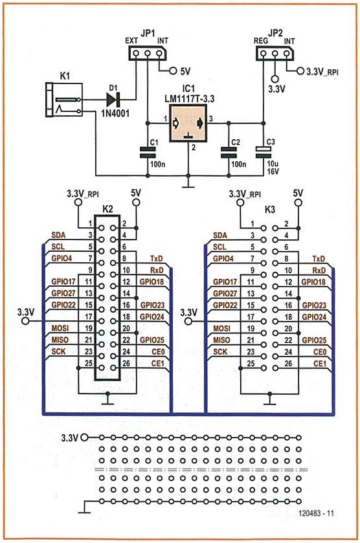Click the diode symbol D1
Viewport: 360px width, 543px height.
point(113,100)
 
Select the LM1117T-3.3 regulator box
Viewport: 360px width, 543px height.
point(188,123)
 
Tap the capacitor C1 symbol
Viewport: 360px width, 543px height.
point(148,151)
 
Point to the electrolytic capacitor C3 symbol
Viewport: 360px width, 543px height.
point(263,151)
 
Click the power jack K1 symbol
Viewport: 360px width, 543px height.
point(65,100)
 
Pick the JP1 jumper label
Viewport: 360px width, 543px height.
point(148,34)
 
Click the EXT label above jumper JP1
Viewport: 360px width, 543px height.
point(131,41)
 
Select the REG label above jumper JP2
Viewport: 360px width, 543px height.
point(260,41)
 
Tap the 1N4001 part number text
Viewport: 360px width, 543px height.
point(115,113)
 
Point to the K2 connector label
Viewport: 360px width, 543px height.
point(107,209)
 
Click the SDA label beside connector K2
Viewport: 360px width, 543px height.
point(58,235)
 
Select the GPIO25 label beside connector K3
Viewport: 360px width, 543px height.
point(314,340)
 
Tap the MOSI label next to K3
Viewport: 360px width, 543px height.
point(221,328)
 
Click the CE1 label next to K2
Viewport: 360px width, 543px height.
point(157,363)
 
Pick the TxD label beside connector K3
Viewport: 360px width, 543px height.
point(319,259)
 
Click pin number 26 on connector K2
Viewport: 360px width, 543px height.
point(126,363)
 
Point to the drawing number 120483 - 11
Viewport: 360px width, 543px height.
point(316,513)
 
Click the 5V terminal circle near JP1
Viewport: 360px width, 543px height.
point(173,71)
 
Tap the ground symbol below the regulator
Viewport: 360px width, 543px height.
point(188,185)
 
